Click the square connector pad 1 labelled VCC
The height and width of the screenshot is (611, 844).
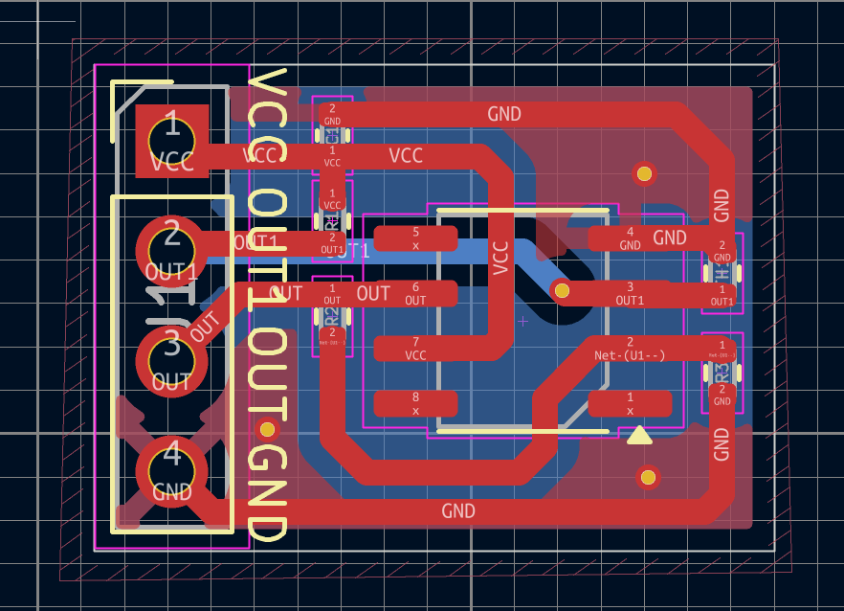172,141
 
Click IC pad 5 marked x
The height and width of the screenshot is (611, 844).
415,238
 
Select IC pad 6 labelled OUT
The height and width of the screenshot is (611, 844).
415,293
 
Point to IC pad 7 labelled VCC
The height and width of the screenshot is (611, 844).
415,349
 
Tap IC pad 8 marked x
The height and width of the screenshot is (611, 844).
415,403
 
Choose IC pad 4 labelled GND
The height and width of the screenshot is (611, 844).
630,238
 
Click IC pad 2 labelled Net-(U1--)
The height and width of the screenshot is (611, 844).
630,349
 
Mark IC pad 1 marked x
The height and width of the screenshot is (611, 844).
630,403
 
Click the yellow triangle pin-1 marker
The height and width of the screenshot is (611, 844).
638,436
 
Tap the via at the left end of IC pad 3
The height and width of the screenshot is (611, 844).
562,290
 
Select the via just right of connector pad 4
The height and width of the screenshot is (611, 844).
268,428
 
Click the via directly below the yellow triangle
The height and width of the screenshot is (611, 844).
648,477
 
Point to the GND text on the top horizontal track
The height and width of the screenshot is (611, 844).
504,114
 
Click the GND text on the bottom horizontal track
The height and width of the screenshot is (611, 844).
458,511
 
